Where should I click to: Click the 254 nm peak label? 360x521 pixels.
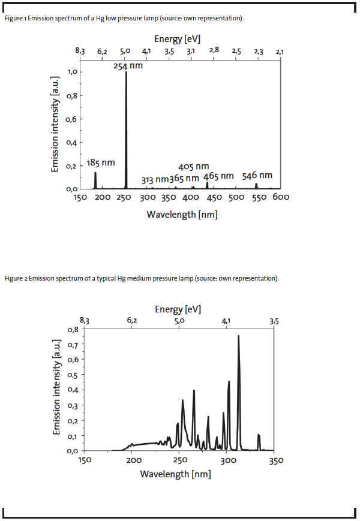128,66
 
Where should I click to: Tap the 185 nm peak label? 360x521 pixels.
101,163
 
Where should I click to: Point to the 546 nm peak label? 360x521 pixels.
257,176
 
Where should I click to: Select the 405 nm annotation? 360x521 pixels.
193,167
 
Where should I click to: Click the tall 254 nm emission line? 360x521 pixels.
126,130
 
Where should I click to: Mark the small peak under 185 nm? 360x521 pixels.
95,180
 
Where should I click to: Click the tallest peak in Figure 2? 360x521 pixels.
238,393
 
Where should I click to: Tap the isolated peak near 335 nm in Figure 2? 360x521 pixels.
259,442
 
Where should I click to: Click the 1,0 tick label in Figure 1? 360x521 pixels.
73,72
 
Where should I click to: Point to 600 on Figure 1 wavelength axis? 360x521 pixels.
281,197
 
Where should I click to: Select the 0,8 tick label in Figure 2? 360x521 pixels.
73,330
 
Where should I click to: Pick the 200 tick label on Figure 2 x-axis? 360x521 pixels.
134,460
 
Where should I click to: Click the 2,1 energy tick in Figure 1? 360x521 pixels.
280,52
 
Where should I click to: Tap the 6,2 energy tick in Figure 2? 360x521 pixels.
132,321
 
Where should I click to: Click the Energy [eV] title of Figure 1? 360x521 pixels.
177,39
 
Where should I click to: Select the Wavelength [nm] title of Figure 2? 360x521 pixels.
176,474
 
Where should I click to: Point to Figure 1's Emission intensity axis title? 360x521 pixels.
55,124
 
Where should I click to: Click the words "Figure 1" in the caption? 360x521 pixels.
15,18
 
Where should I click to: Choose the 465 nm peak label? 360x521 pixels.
218,176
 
